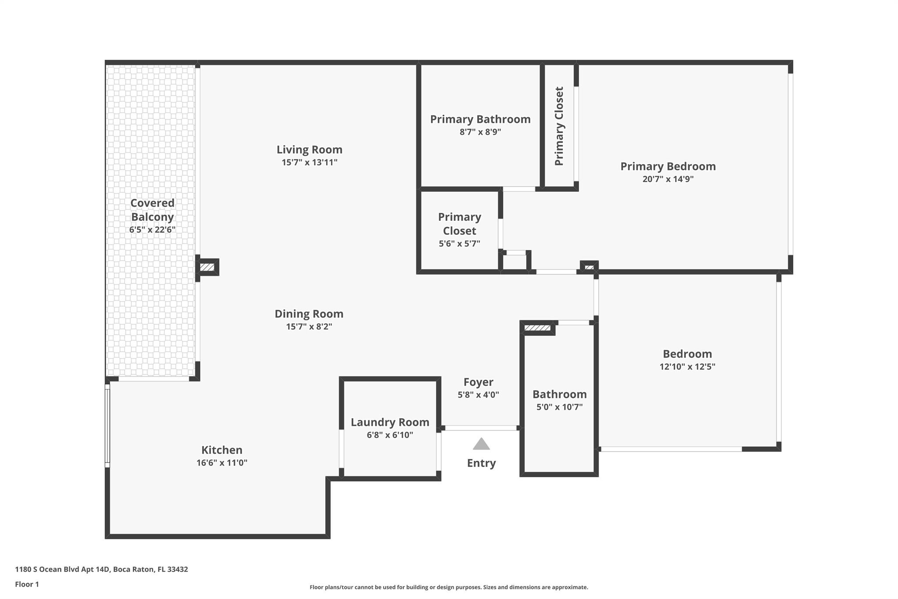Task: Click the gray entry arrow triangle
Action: point(481,444)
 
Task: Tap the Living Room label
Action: point(309,150)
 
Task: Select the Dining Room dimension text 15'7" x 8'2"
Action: point(309,326)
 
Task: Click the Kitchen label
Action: point(221,450)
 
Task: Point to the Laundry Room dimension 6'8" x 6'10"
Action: point(390,435)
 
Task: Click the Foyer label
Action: point(478,382)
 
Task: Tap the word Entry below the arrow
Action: point(481,463)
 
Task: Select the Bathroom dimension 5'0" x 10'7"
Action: point(559,407)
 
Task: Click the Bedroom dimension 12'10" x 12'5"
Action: point(687,366)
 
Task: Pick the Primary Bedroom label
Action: point(668,166)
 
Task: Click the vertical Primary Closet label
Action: point(559,126)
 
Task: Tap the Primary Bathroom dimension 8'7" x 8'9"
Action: point(480,132)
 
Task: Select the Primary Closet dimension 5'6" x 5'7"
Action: point(460,244)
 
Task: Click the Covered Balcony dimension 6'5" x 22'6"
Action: point(152,230)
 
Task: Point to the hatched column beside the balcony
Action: point(207,267)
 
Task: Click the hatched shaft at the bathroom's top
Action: point(538,328)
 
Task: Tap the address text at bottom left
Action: point(101,569)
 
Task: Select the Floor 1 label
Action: point(27,584)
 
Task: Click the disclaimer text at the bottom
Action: point(449,587)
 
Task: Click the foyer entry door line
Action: point(481,428)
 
